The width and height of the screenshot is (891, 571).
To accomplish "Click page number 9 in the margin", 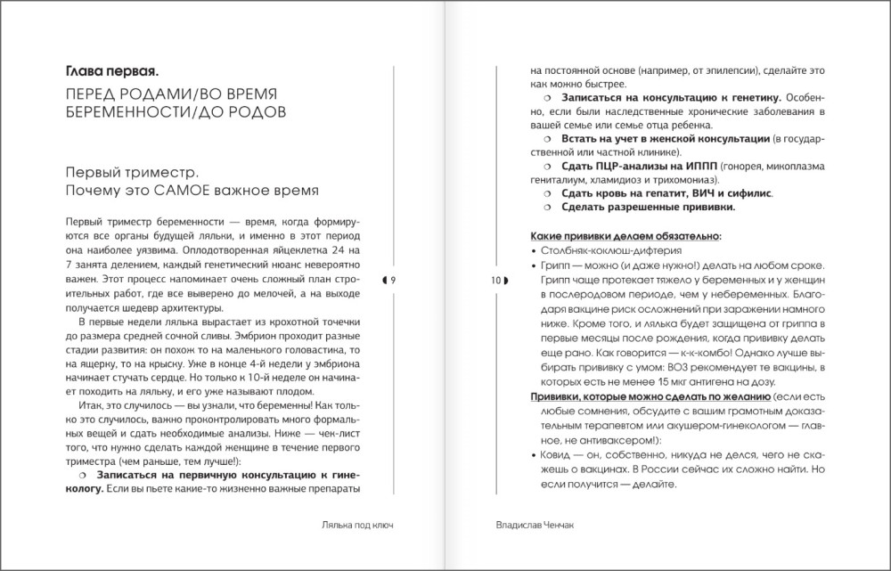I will point(391,281).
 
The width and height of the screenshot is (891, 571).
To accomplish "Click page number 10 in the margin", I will point(495,281).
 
